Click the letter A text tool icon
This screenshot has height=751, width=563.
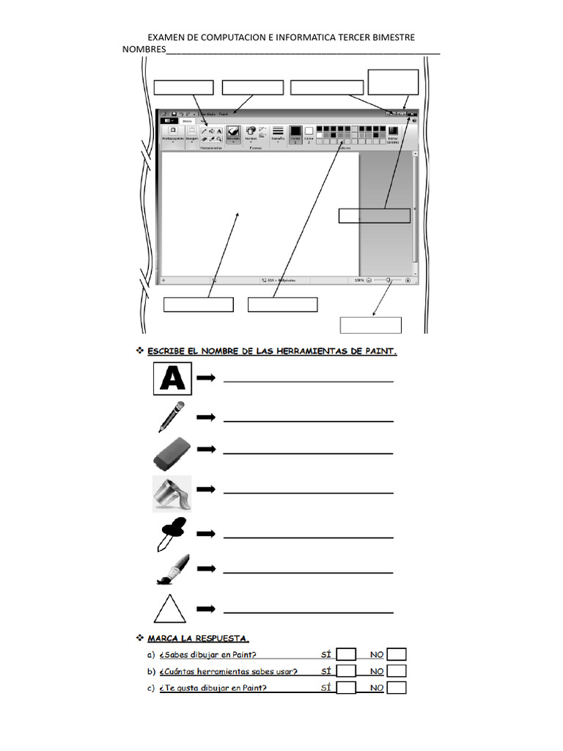[x=172, y=378]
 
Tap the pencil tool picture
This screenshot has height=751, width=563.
[x=172, y=417]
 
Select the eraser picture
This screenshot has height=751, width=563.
[x=172, y=453]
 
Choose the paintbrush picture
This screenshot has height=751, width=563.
[x=172, y=569]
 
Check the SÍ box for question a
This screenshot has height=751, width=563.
[x=347, y=655]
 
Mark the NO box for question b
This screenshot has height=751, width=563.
[x=397, y=671]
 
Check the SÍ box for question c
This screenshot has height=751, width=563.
[x=347, y=688]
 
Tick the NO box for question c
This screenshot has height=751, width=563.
[x=397, y=688]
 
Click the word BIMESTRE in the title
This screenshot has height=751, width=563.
[x=389, y=37]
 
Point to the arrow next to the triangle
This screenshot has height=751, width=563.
[x=206, y=609]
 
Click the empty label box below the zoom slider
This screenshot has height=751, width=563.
[x=371, y=325]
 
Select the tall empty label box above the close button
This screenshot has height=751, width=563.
[x=393, y=82]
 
